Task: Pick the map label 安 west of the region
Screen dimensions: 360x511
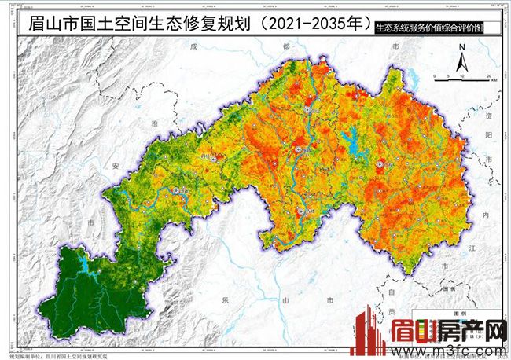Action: point(116,166)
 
